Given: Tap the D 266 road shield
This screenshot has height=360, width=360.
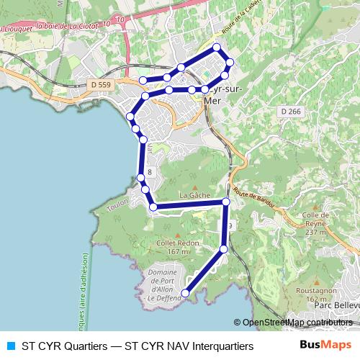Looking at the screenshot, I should (291, 111).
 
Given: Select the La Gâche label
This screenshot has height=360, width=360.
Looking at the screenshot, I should (193, 195).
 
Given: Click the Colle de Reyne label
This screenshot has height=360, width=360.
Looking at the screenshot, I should (315, 223).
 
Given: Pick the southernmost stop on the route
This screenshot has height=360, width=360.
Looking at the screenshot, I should (185, 293).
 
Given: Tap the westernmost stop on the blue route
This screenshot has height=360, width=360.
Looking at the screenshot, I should (130, 117).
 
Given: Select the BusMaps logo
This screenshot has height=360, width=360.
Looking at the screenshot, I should (325, 346).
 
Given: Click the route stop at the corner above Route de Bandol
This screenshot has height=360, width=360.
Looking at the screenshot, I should (226, 203).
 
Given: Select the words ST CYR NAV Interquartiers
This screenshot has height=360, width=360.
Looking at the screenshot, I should (189, 346).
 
